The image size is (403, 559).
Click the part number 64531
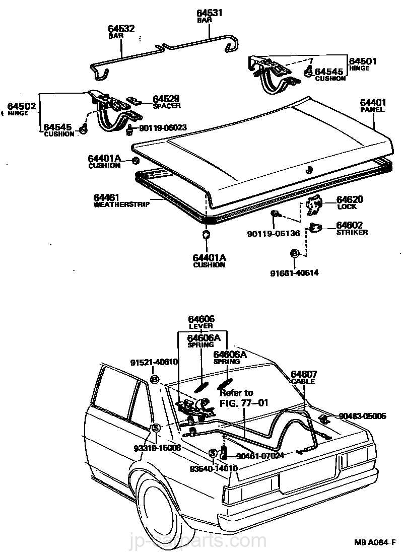pyautogui.click(x=209, y=13)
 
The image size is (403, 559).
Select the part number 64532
pyautogui.click(x=121, y=29)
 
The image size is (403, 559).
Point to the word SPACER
pyautogui.click(x=167, y=106)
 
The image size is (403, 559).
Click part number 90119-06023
pyautogui.click(x=163, y=128)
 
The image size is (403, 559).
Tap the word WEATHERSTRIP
pyautogui.click(x=121, y=205)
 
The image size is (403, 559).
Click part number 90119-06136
pyautogui.click(x=274, y=233)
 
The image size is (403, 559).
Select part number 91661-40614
pyautogui.click(x=295, y=272)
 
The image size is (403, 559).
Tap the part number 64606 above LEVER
pyautogui.click(x=201, y=319)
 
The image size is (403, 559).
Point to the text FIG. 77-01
pyautogui.click(x=244, y=402)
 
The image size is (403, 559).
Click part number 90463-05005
pyautogui.click(x=362, y=416)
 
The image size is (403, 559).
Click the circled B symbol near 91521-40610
pyautogui.click(x=155, y=379)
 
